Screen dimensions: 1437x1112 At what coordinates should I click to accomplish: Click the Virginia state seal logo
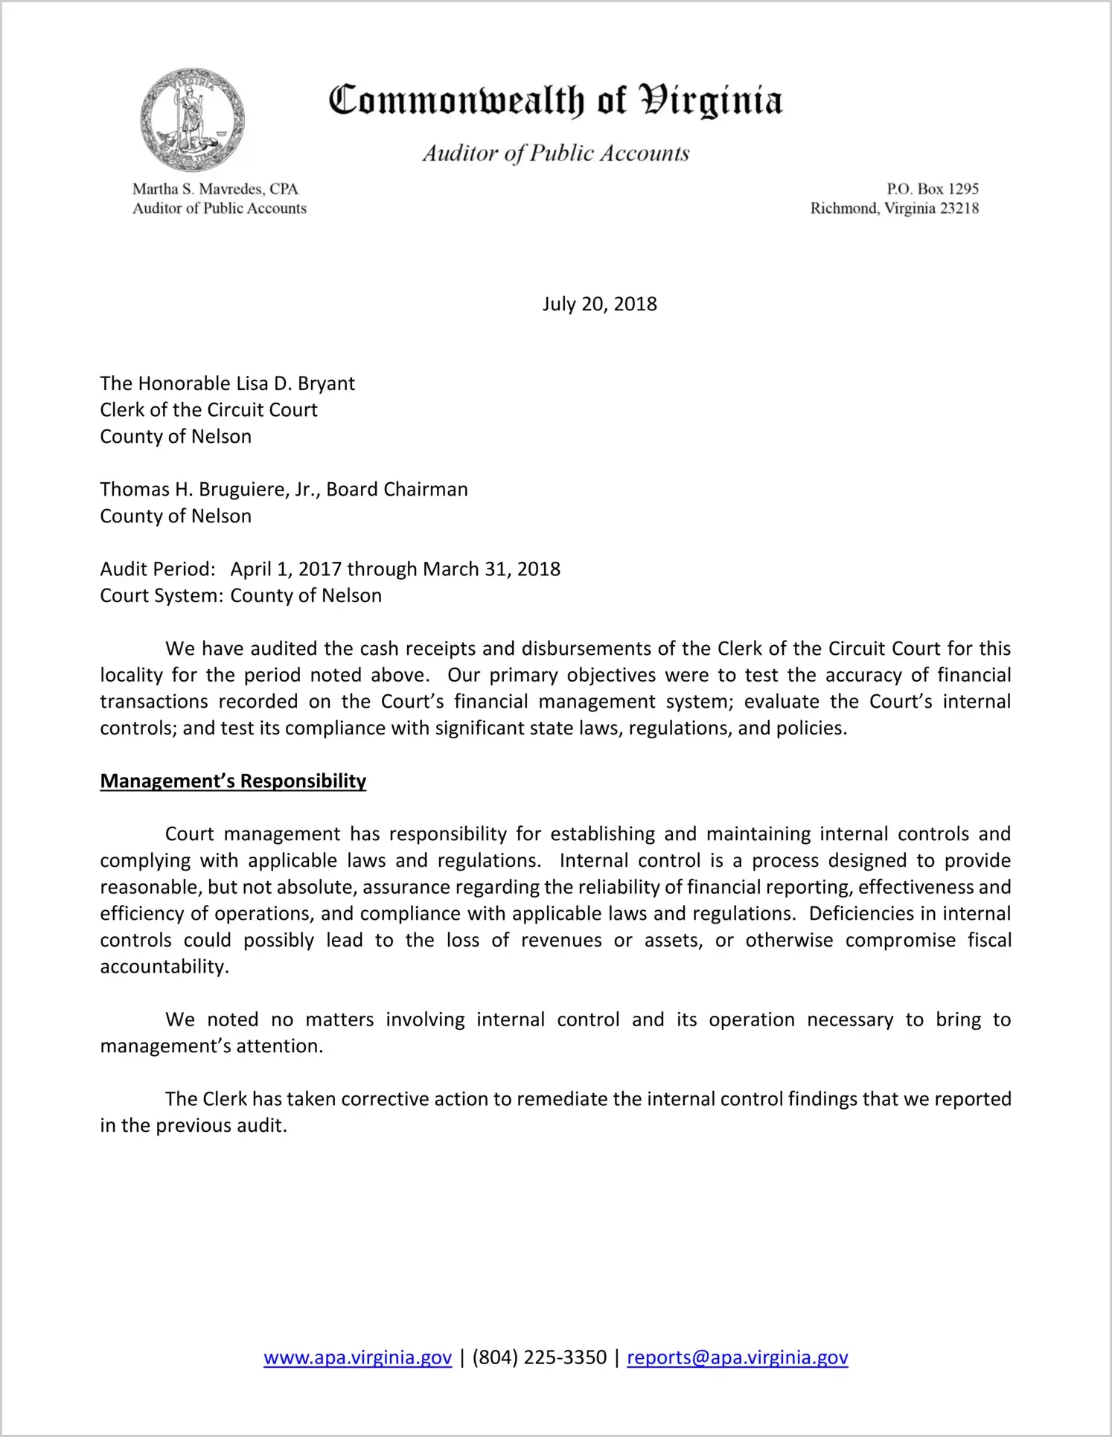pyautogui.click(x=192, y=120)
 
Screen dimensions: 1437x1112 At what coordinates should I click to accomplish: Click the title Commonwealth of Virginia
pyautogui.click(x=555, y=100)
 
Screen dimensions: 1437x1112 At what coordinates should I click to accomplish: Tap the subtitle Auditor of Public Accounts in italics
pyautogui.click(x=555, y=153)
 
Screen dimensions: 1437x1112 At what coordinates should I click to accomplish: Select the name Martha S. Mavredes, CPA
pyautogui.click(x=215, y=189)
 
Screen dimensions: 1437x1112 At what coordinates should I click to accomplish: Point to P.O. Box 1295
pyautogui.click(x=932, y=189)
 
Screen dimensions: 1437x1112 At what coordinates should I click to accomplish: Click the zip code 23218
pyautogui.click(x=959, y=208)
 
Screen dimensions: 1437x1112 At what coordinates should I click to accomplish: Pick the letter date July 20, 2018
pyautogui.click(x=599, y=304)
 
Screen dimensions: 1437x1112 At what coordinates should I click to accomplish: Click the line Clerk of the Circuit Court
pyautogui.click(x=208, y=410)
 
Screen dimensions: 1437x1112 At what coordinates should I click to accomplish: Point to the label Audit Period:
pyautogui.click(x=158, y=569)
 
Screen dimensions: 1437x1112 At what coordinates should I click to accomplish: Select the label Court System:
pyautogui.click(x=162, y=596)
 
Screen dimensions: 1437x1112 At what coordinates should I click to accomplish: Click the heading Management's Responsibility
pyautogui.click(x=233, y=781)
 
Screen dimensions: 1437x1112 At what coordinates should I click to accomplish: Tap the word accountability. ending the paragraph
pyautogui.click(x=164, y=967)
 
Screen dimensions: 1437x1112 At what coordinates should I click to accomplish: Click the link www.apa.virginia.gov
pyautogui.click(x=357, y=1357)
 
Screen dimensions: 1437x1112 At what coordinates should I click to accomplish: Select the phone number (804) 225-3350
pyautogui.click(x=539, y=1357)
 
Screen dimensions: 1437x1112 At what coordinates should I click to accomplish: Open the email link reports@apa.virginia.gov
pyautogui.click(x=737, y=1357)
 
